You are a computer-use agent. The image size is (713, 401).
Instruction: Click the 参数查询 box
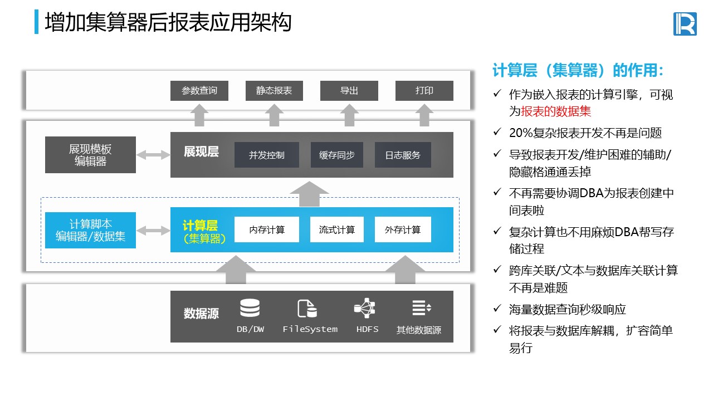[x=199, y=91]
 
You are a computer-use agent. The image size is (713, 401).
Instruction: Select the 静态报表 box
[x=274, y=91]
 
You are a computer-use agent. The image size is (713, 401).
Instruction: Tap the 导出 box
[x=349, y=91]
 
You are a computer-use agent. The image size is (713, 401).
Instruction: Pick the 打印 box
[x=424, y=91]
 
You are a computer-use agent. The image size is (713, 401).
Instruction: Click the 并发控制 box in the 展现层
[x=266, y=155]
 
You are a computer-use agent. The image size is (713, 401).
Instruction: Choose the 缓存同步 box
[x=336, y=155]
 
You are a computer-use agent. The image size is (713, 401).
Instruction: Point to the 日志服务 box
[x=403, y=155]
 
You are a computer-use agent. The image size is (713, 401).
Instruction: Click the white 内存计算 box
[x=266, y=229]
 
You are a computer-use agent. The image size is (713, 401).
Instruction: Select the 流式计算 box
[x=336, y=229]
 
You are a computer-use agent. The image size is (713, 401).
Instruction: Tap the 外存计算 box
[x=403, y=229]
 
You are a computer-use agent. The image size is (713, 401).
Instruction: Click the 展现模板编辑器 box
[x=90, y=155]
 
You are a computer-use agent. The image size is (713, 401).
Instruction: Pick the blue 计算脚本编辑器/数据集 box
[x=90, y=230]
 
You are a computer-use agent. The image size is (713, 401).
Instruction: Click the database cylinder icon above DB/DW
[x=250, y=308]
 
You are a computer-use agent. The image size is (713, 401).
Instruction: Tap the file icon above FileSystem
[x=307, y=308]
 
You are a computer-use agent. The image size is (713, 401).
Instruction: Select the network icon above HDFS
[x=365, y=307]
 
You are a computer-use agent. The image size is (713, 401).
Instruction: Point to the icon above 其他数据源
[x=421, y=307]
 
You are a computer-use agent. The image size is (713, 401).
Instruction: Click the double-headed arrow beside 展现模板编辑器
[x=153, y=155]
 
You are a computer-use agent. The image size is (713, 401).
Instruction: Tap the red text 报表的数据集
[x=556, y=111]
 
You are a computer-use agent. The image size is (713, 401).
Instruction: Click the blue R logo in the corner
[x=685, y=23]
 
